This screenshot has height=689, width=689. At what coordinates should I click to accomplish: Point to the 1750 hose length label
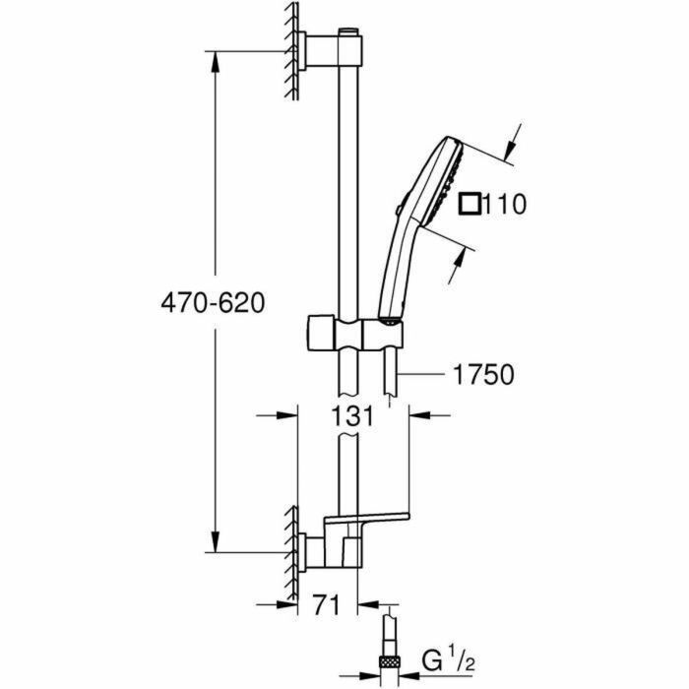(x=481, y=374)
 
